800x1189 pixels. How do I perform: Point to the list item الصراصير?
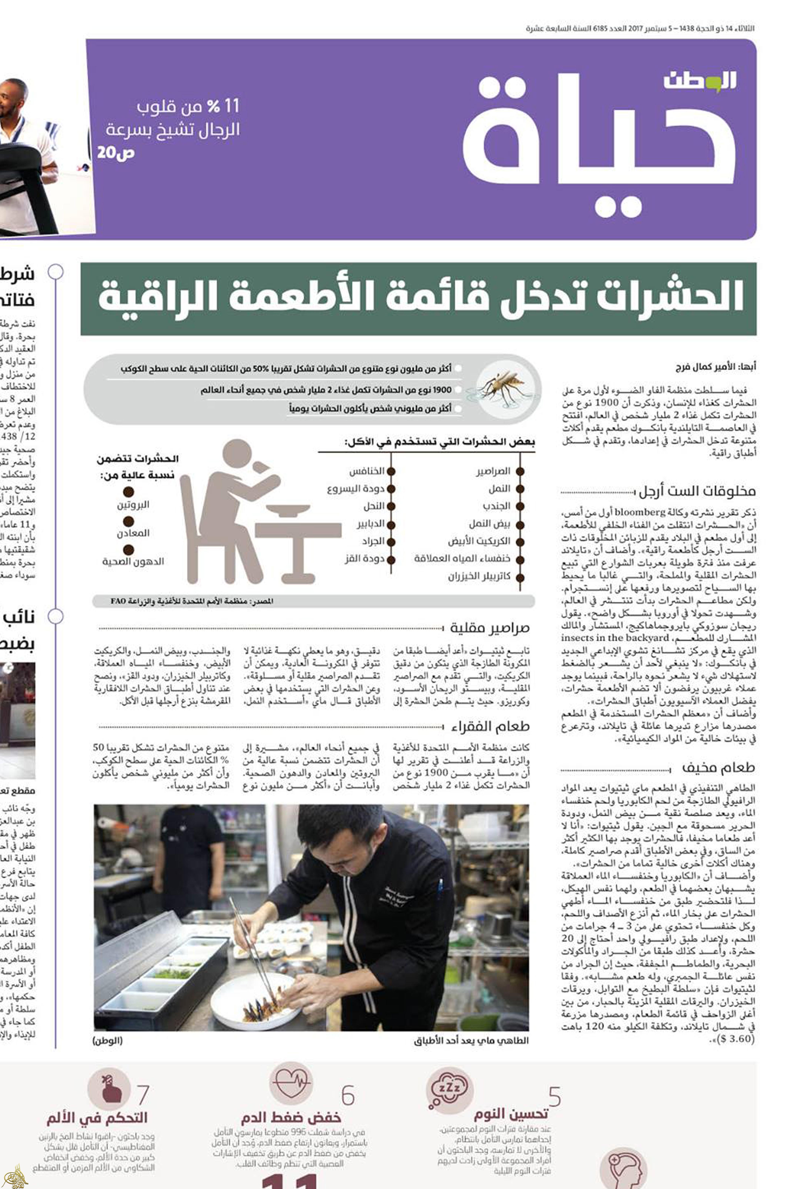coord(493,471)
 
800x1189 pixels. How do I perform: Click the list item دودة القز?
coord(364,559)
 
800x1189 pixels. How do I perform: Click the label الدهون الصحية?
coord(133,561)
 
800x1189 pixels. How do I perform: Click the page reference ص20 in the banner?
coord(116,153)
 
